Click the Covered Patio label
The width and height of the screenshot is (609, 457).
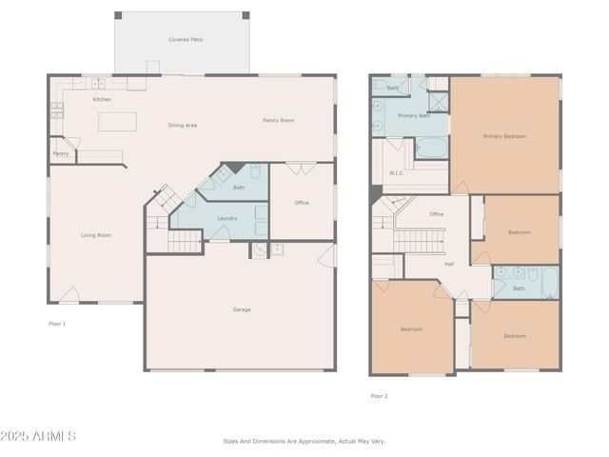[x=186, y=40]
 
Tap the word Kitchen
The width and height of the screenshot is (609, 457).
[x=102, y=99]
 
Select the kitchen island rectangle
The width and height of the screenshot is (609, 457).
[x=118, y=121]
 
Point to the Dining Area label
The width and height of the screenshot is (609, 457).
[x=183, y=125]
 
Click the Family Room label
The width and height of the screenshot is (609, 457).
[x=279, y=120]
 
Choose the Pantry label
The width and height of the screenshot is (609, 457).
[x=61, y=152]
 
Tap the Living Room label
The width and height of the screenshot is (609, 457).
[x=96, y=234]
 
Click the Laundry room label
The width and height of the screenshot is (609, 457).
[x=227, y=218]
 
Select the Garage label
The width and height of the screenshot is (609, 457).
[x=243, y=308]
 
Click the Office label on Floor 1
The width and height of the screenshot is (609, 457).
[x=302, y=202]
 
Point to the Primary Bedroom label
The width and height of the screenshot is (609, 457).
[x=504, y=136]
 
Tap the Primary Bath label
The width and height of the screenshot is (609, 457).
[x=414, y=115]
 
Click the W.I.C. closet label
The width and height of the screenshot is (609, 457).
[x=398, y=173]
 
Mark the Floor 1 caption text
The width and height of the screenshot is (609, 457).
[x=57, y=324]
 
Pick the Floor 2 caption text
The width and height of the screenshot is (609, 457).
[x=379, y=395]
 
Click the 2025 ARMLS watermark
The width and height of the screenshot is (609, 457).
[x=39, y=436]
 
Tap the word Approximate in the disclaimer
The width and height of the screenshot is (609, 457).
[x=312, y=441]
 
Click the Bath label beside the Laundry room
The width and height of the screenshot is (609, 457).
[x=239, y=188]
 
